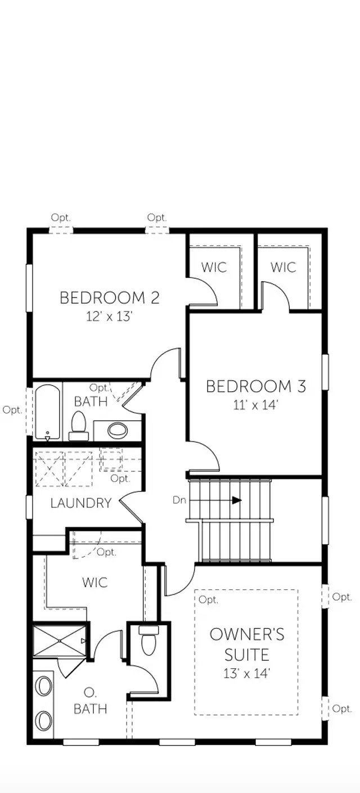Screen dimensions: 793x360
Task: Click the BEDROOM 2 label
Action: coord(110,298)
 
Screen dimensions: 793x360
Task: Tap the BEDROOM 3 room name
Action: coord(256,386)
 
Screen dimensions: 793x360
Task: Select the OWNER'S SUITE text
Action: coord(247,645)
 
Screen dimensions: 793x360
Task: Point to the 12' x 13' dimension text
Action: coord(110,316)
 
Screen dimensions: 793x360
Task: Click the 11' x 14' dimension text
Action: coord(256,405)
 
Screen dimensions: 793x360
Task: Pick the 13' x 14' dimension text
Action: coord(247,672)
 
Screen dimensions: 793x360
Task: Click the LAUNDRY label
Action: coord(81,503)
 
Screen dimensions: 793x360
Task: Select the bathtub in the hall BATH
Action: coord(47,412)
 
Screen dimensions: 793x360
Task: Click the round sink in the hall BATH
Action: coord(118,431)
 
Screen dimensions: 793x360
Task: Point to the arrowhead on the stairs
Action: coord(237,499)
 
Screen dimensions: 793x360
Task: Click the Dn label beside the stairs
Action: coord(179,499)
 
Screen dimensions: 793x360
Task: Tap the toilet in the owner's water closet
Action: coord(148,642)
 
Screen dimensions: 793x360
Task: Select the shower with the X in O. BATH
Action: coord(60,640)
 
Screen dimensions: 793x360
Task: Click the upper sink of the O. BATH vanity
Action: coord(43,687)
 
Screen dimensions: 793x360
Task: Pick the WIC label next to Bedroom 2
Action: coord(214,267)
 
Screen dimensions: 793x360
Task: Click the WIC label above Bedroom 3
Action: coord(283,267)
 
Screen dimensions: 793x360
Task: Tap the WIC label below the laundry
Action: coord(94,582)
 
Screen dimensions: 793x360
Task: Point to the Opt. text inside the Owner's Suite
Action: coord(208,600)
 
